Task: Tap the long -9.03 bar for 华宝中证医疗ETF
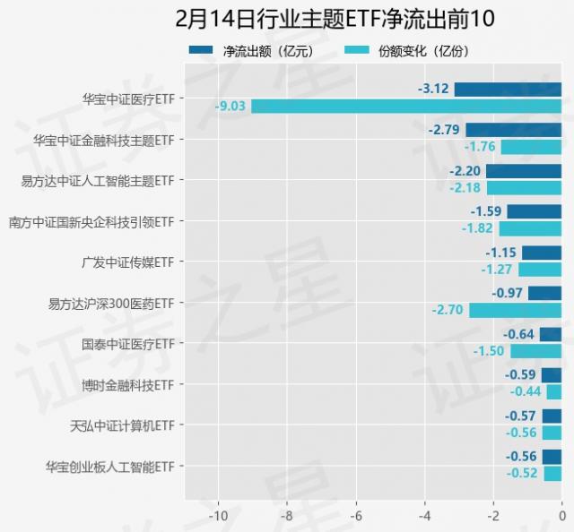pos(405,106)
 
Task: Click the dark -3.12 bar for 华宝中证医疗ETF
pos(508,89)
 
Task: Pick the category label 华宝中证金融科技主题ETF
pos(103,140)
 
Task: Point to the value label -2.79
pos(445,130)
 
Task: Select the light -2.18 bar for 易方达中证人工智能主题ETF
pos(524,187)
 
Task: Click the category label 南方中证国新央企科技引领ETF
pos(91,221)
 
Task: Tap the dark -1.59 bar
pos(534,211)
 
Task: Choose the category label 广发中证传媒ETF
pos(126,262)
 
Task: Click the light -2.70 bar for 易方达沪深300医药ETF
pos(515,310)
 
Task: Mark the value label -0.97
pos(508,293)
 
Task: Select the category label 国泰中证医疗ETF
pos(126,344)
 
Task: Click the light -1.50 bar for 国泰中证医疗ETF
pos(535,351)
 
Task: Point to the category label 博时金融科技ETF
pos(126,385)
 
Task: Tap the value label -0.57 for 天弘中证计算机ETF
pos(520,416)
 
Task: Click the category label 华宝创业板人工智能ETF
pos(109,467)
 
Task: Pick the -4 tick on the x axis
pos(424,517)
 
